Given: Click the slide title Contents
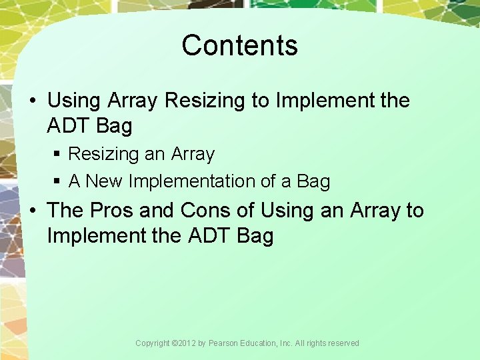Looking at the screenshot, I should [239, 45].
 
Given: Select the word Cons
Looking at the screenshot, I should [205, 210].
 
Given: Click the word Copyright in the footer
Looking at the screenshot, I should [152, 343].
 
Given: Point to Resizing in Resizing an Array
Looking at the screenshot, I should [103, 155].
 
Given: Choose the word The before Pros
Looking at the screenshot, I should [65, 210].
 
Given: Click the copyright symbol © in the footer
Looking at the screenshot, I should [174, 343].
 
